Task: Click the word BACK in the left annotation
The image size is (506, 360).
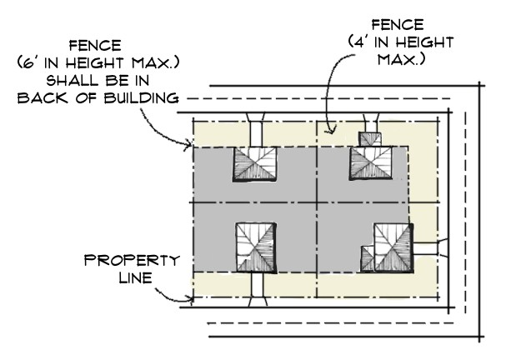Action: click(63, 98)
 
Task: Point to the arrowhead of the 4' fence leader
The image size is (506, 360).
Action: click(331, 129)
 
